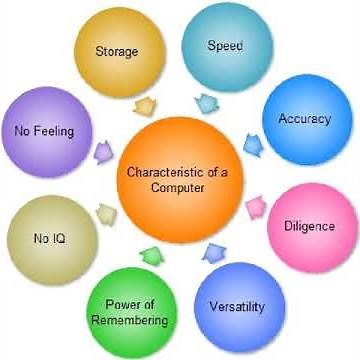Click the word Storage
coord(116,51)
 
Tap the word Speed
coord(225,46)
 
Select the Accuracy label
coord(303,119)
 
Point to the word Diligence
coord(310,226)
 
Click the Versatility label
coord(237,306)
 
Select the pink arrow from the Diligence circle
coord(255,206)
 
